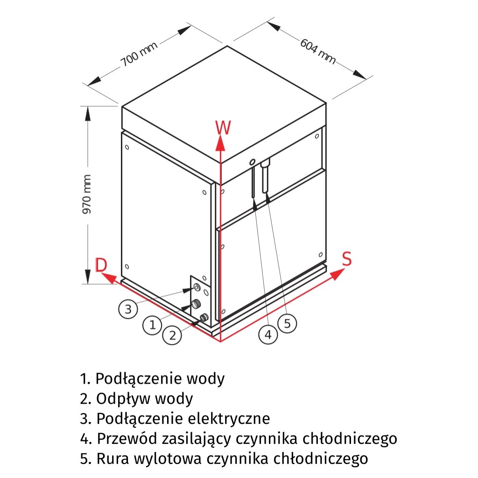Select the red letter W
pyautogui.click(x=223, y=127)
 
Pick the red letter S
pyautogui.click(x=346, y=259)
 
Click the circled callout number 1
pyautogui.click(x=152, y=324)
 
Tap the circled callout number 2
pyautogui.click(x=173, y=335)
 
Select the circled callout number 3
pyautogui.click(x=128, y=309)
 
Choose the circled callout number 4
pyautogui.click(x=268, y=334)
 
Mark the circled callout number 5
pyautogui.click(x=287, y=323)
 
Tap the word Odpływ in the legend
pyautogui.click(x=122, y=399)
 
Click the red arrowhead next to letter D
pyautogui.click(x=108, y=278)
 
